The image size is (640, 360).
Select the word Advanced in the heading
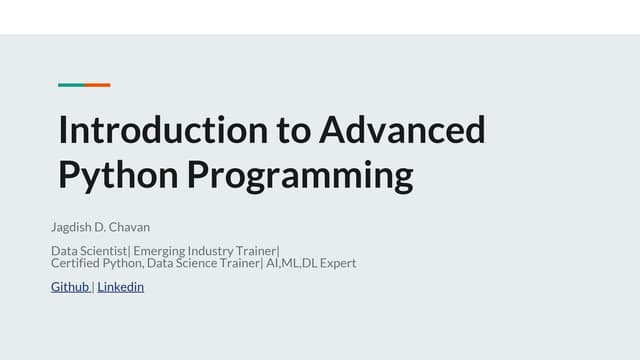[403, 131]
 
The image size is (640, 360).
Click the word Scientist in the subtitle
[105, 250]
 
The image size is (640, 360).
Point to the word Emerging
[159, 250]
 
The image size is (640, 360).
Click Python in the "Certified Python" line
[123, 264]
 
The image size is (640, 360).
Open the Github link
[70, 287]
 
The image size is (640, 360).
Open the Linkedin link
[121, 287]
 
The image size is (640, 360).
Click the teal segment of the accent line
[71, 85]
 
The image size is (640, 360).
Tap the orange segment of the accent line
[97, 85]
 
